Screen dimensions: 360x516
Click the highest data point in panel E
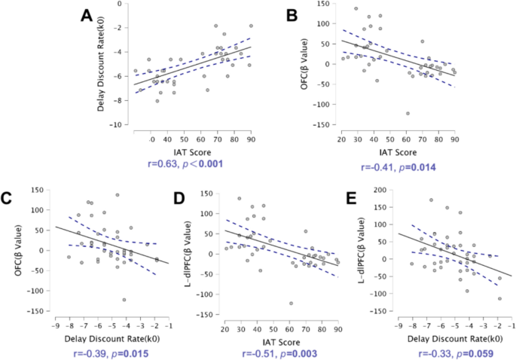pos(431,200)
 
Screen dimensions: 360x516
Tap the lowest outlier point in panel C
pos(124,300)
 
